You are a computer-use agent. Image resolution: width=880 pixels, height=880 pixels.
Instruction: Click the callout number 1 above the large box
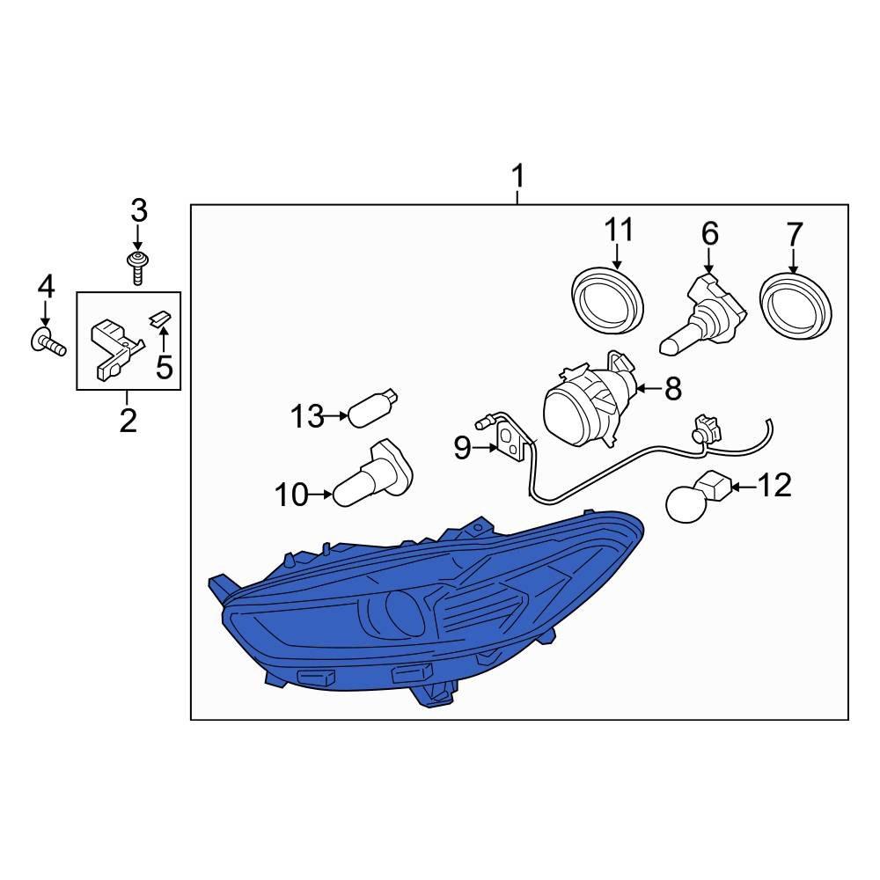518,176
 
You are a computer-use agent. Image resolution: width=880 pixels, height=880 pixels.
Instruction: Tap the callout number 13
307,417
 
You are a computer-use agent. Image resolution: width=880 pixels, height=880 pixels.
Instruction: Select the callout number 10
292,495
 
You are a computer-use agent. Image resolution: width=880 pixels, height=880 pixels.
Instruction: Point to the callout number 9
463,448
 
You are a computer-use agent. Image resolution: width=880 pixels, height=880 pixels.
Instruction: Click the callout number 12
775,486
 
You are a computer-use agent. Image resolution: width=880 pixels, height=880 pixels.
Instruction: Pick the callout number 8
673,388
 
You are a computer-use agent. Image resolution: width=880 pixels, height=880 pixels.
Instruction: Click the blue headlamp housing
427,609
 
